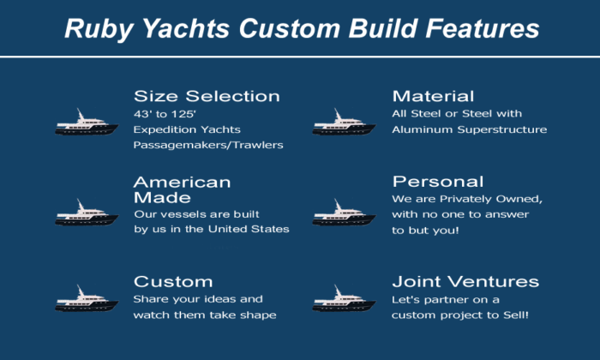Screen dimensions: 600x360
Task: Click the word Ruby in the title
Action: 99,29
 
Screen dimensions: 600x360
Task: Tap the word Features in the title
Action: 483,28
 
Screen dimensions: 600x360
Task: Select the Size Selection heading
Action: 207,96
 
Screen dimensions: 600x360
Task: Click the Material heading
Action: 433,96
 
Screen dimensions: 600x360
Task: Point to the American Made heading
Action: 182,189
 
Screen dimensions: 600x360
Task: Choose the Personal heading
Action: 438,182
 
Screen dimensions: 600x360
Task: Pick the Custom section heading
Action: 173,282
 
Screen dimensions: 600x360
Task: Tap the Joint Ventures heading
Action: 465,282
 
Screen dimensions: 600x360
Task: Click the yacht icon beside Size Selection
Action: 87,123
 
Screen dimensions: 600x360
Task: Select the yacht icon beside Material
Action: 344,123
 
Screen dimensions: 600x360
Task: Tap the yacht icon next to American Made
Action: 87,213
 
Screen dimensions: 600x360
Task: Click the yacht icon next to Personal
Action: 344,213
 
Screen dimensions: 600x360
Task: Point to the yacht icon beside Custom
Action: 87,298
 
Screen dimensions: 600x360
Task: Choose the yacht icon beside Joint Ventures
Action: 344,298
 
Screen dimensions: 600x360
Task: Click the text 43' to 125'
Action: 165,114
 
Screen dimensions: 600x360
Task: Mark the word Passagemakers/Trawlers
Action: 208,145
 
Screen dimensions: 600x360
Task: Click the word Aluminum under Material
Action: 423,129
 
